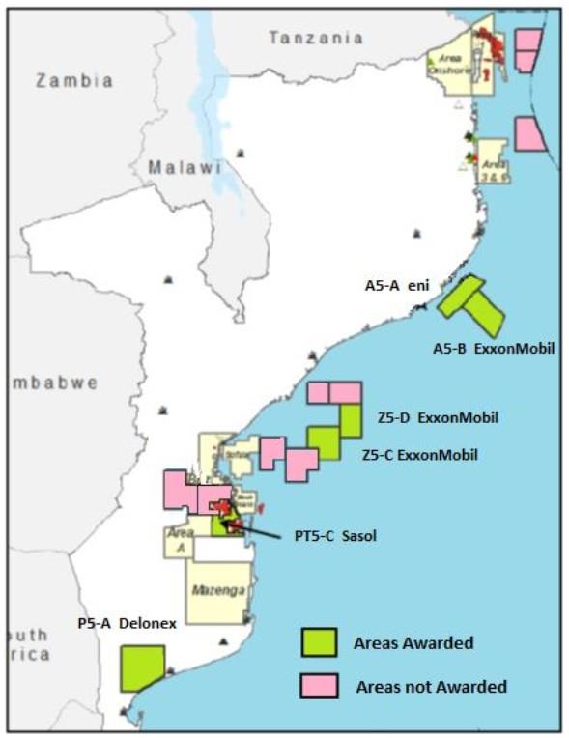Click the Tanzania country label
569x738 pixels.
(x=316, y=38)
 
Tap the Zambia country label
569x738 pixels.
(x=74, y=81)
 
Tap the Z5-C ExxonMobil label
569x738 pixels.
(x=419, y=454)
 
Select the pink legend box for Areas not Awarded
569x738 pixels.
(x=318, y=686)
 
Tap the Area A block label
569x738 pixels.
(x=176, y=539)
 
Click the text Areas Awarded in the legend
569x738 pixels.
(x=413, y=643)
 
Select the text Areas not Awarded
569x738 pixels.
(x=431, y=687)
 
